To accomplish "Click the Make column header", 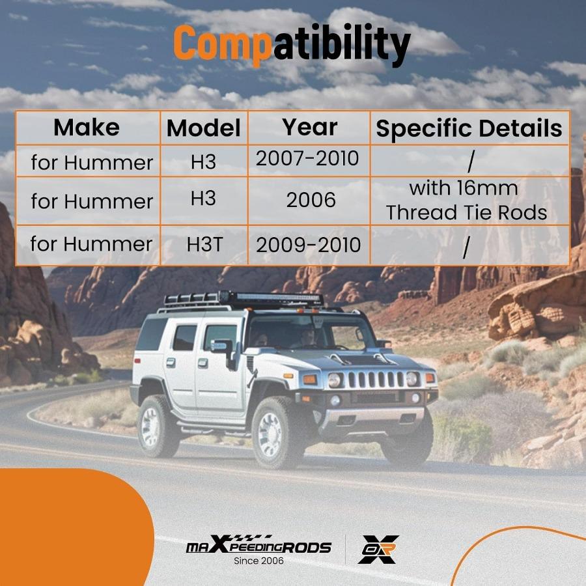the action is tap(87, 128).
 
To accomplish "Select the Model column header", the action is tap(204, 128).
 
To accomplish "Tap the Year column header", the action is tap(309, 127).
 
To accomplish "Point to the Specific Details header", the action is tap(469, 129).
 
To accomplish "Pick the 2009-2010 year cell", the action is tap(309, 245).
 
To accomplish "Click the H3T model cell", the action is tap(204, 244).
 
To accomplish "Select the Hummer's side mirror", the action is tap(223, 350).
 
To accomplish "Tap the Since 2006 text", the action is tap(258, 561).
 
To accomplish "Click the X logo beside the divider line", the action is tap(378, 549).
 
